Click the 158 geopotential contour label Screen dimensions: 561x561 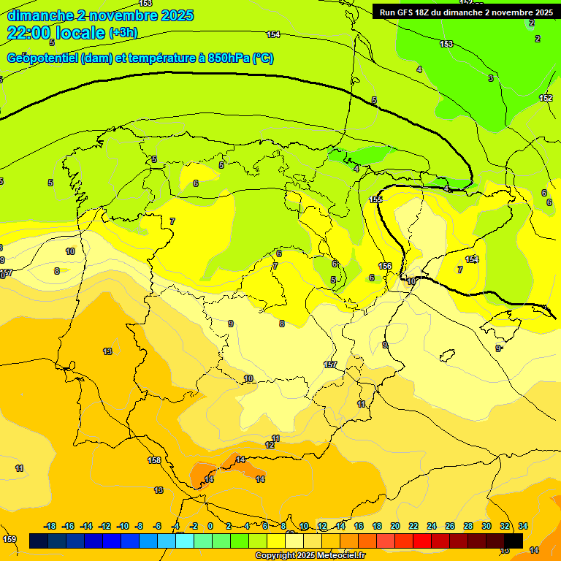coord(154,461)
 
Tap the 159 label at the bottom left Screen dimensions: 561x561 coord(9,539)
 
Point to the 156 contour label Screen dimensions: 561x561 coord(385,266)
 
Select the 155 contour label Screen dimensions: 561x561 coord(375,199)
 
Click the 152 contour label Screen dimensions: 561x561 coord(546,98)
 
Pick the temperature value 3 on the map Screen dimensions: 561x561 coord(491,78)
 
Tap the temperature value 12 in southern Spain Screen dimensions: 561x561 coord(270,445)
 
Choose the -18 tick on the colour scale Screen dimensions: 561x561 coord(50,526)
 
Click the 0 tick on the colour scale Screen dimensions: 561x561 coord(210,526)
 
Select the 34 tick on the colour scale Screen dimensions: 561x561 coord(523,526)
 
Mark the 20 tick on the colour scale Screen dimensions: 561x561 coord(395,526)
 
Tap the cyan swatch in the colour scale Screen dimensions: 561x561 coord(185,541)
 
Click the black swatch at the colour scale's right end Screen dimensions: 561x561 coord(514,541)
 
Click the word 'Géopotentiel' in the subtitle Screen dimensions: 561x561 coord(43,58)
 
